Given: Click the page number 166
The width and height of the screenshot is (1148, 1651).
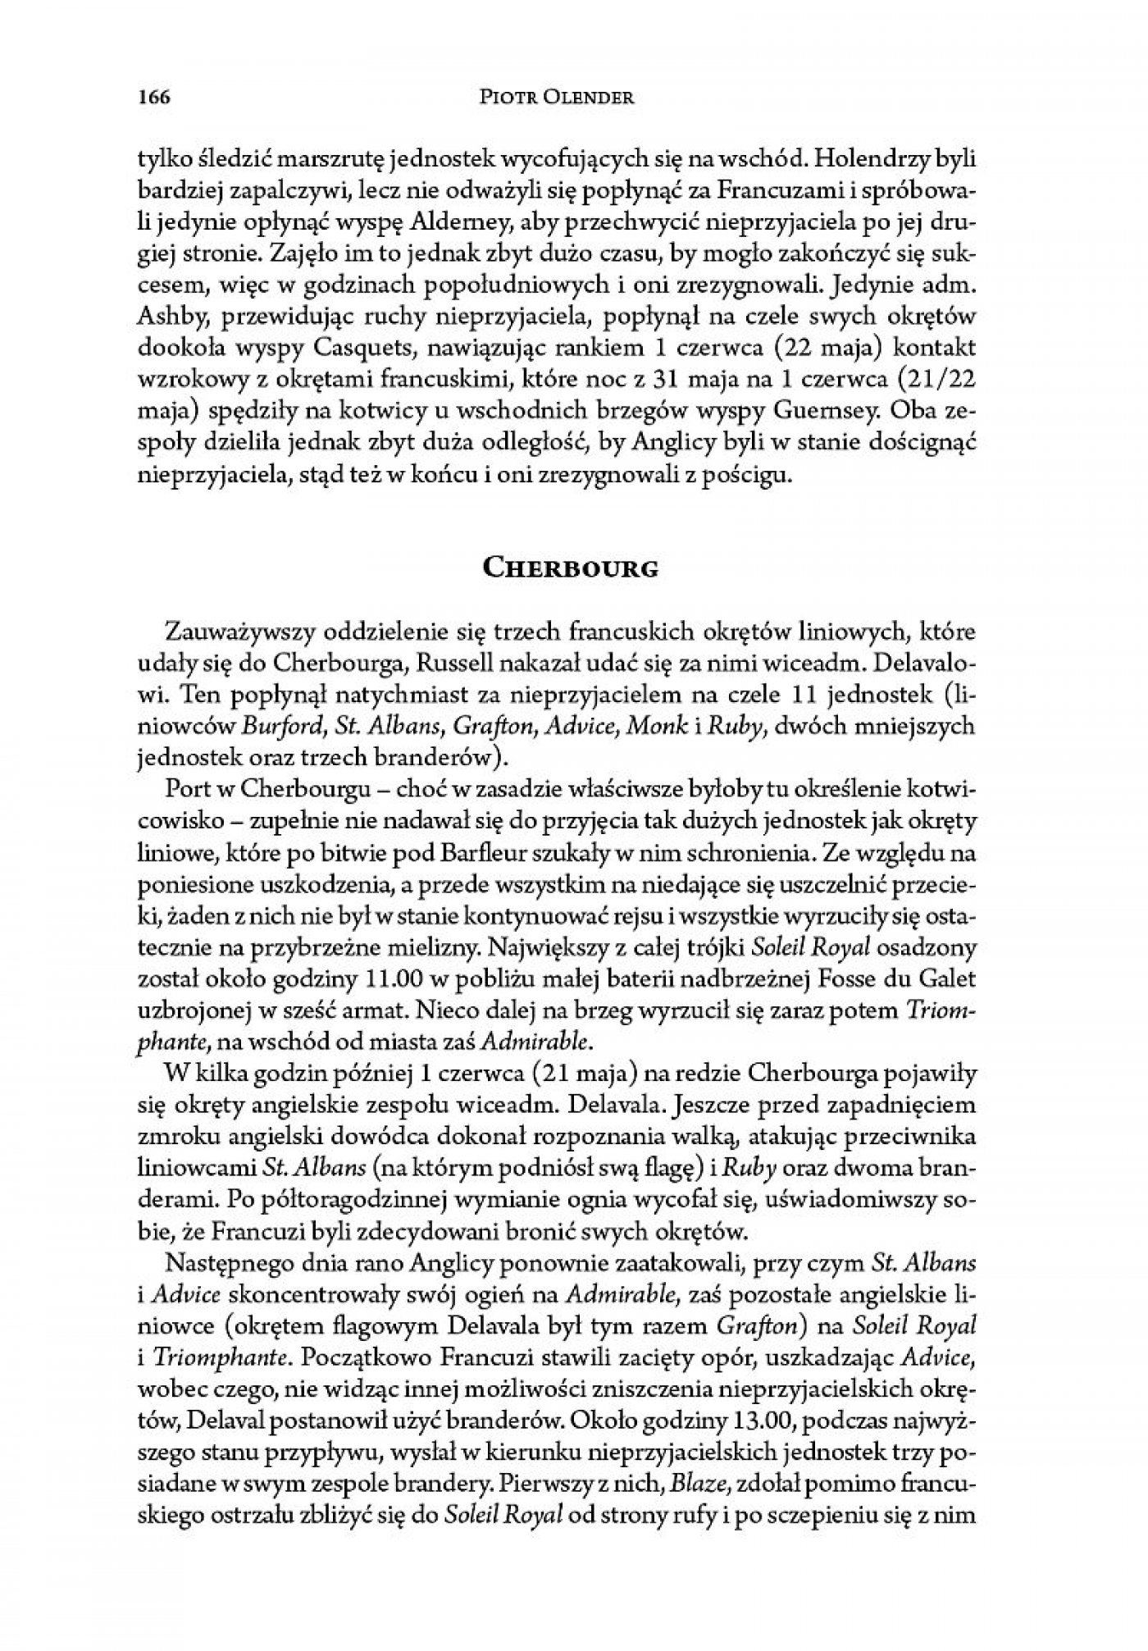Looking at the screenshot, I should pos(148,98).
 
